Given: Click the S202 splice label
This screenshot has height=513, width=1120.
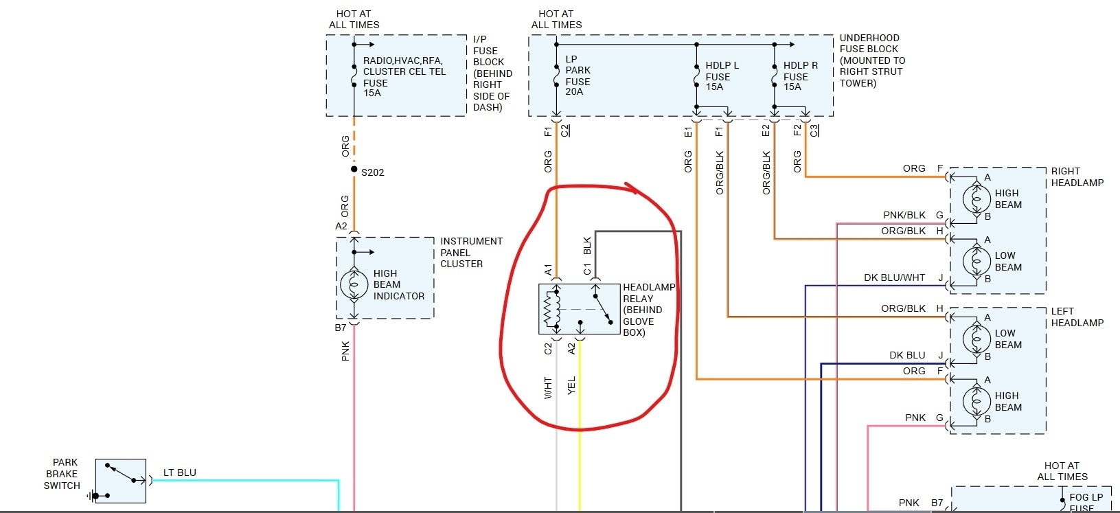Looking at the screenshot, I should click(x=372, y=172).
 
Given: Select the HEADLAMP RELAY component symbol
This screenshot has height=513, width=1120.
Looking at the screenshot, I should click(x=579, y=309).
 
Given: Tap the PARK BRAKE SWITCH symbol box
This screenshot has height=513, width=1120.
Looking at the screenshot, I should click(x=120, y=481).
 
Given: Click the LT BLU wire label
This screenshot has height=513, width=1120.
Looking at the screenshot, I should click(x=179, y=472).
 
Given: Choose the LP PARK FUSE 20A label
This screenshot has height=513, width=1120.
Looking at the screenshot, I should click(x=578, y=76).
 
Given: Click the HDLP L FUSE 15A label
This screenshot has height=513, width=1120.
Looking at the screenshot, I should click(x=722, y=76).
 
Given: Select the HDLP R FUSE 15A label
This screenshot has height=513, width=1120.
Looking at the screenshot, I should click(x=800, y=76).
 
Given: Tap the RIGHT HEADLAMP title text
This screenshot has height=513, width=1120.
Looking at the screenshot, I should click(x=1077, y=176).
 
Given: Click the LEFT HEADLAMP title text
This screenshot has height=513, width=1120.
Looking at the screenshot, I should click(x=1077, y=317).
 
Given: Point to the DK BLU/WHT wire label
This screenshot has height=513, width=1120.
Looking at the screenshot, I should click(x=894, y=277).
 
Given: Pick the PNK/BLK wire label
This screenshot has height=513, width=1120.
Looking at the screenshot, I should click(x=904, y=215).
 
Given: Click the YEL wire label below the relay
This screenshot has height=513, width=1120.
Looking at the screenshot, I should click(x=571, y=385).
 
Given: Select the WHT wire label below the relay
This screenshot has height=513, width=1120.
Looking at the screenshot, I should click(x=548, y=387).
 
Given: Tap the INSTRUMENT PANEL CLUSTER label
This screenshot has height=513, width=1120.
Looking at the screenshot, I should click(x=471, y=252).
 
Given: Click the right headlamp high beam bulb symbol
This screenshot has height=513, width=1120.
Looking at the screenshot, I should click(x=976, y=199).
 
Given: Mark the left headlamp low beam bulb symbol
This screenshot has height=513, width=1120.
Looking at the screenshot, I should click(x=976, y=339).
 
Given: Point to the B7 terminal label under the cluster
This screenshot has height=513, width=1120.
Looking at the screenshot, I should click(x=341, y=328).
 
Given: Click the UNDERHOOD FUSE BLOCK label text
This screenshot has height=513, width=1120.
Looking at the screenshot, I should click(x=871, y=60).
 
